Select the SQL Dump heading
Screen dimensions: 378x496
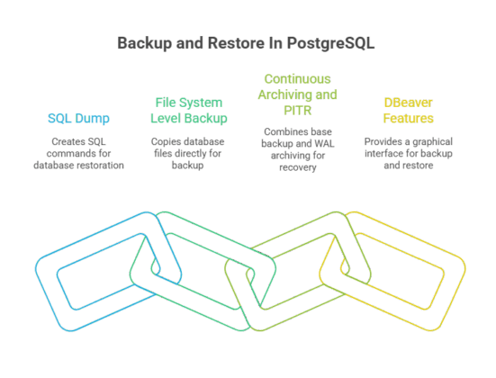80,118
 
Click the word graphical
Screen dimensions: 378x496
436,141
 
